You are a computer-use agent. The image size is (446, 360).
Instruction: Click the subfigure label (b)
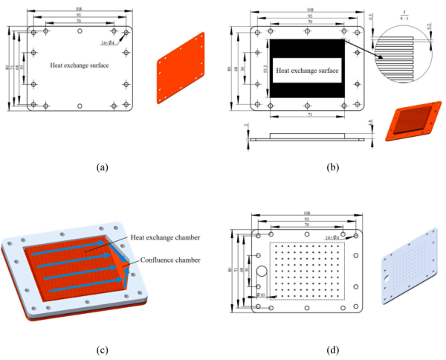pos(332,168)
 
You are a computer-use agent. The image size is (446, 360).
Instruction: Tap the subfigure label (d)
pos(332,350)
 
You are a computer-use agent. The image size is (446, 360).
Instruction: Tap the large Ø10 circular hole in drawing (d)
pos(262,269)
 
